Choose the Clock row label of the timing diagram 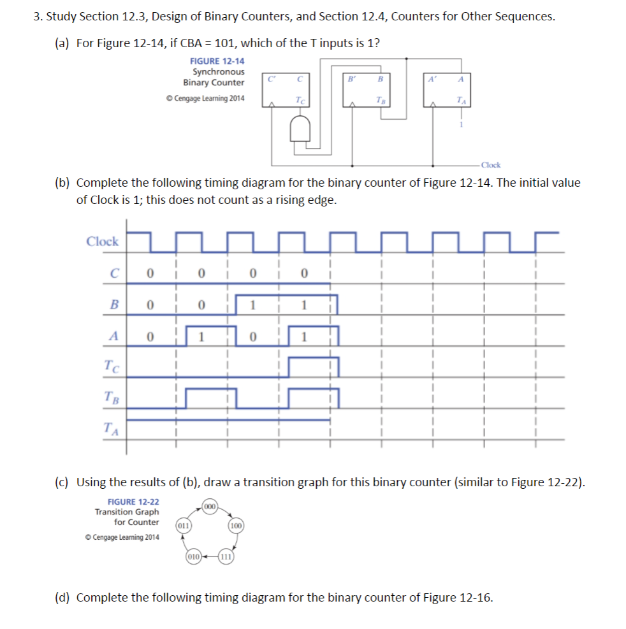click(102, 242)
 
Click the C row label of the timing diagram click(114, 273)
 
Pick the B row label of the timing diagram click(114, 305)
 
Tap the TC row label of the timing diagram click(112, 366)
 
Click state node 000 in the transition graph click(210, 505)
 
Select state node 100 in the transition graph click(235, 526)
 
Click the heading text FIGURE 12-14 click(217, 61)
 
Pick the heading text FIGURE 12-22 click(133, 502)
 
